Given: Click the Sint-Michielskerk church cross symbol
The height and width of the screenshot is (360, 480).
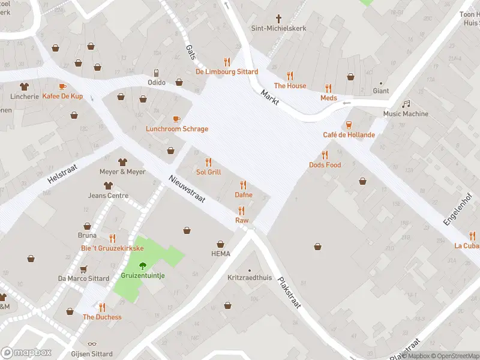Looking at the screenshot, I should (x=278, y=19).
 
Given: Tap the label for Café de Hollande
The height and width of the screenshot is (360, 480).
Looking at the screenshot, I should (x=349, y=135).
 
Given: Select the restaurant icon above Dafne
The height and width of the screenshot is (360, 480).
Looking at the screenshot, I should (x=243, y=185).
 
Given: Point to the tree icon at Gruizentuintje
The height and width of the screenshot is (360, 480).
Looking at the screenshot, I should (x=143, y=265).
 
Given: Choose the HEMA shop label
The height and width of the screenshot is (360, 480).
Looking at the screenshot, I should (x=220, y=254).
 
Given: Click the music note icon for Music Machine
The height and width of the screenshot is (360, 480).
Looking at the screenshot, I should (x=406, y=104).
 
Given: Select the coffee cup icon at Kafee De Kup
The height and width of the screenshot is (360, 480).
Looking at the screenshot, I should (x=62, y=86).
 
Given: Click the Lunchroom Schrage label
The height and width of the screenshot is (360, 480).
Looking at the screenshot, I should (x=177, y=129).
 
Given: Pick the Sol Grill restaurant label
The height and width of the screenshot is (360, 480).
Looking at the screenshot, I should (x=208, y=172).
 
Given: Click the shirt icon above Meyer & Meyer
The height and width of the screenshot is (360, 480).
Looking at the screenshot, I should (x=122, y=162).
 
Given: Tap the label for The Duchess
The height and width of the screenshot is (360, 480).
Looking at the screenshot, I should (x=102, y=317).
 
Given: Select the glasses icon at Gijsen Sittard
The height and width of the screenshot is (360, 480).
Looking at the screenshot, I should (x=91, y=344).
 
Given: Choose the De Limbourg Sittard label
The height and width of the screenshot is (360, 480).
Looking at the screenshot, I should (x=227, y=72).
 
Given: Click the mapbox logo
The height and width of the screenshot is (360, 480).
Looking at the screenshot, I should (x=26, y=352).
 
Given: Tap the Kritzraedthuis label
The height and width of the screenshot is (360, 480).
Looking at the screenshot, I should (x=250, y=278).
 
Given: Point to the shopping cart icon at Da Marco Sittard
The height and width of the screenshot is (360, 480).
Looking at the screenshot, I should (x=83, y=269).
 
